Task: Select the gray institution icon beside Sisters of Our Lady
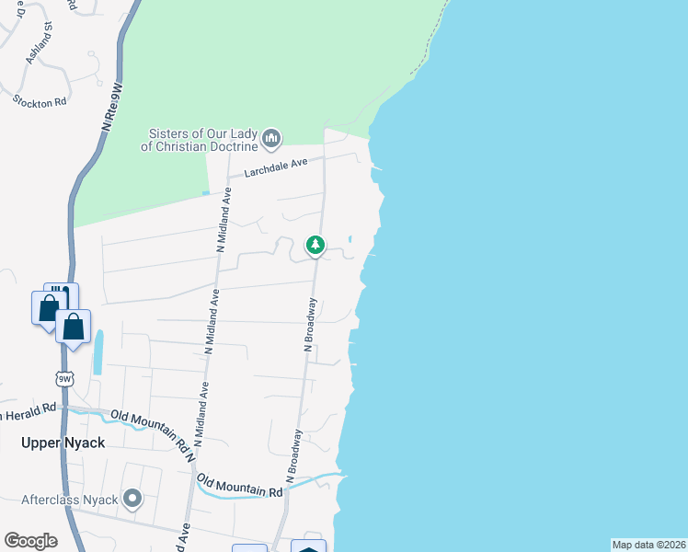271,139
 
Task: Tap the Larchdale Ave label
275,167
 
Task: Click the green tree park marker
315,245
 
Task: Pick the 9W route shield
63,378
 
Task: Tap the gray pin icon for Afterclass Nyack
132,500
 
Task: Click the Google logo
30,540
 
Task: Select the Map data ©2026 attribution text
648,545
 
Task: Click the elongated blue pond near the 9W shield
97,352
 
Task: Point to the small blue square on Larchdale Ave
206,193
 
